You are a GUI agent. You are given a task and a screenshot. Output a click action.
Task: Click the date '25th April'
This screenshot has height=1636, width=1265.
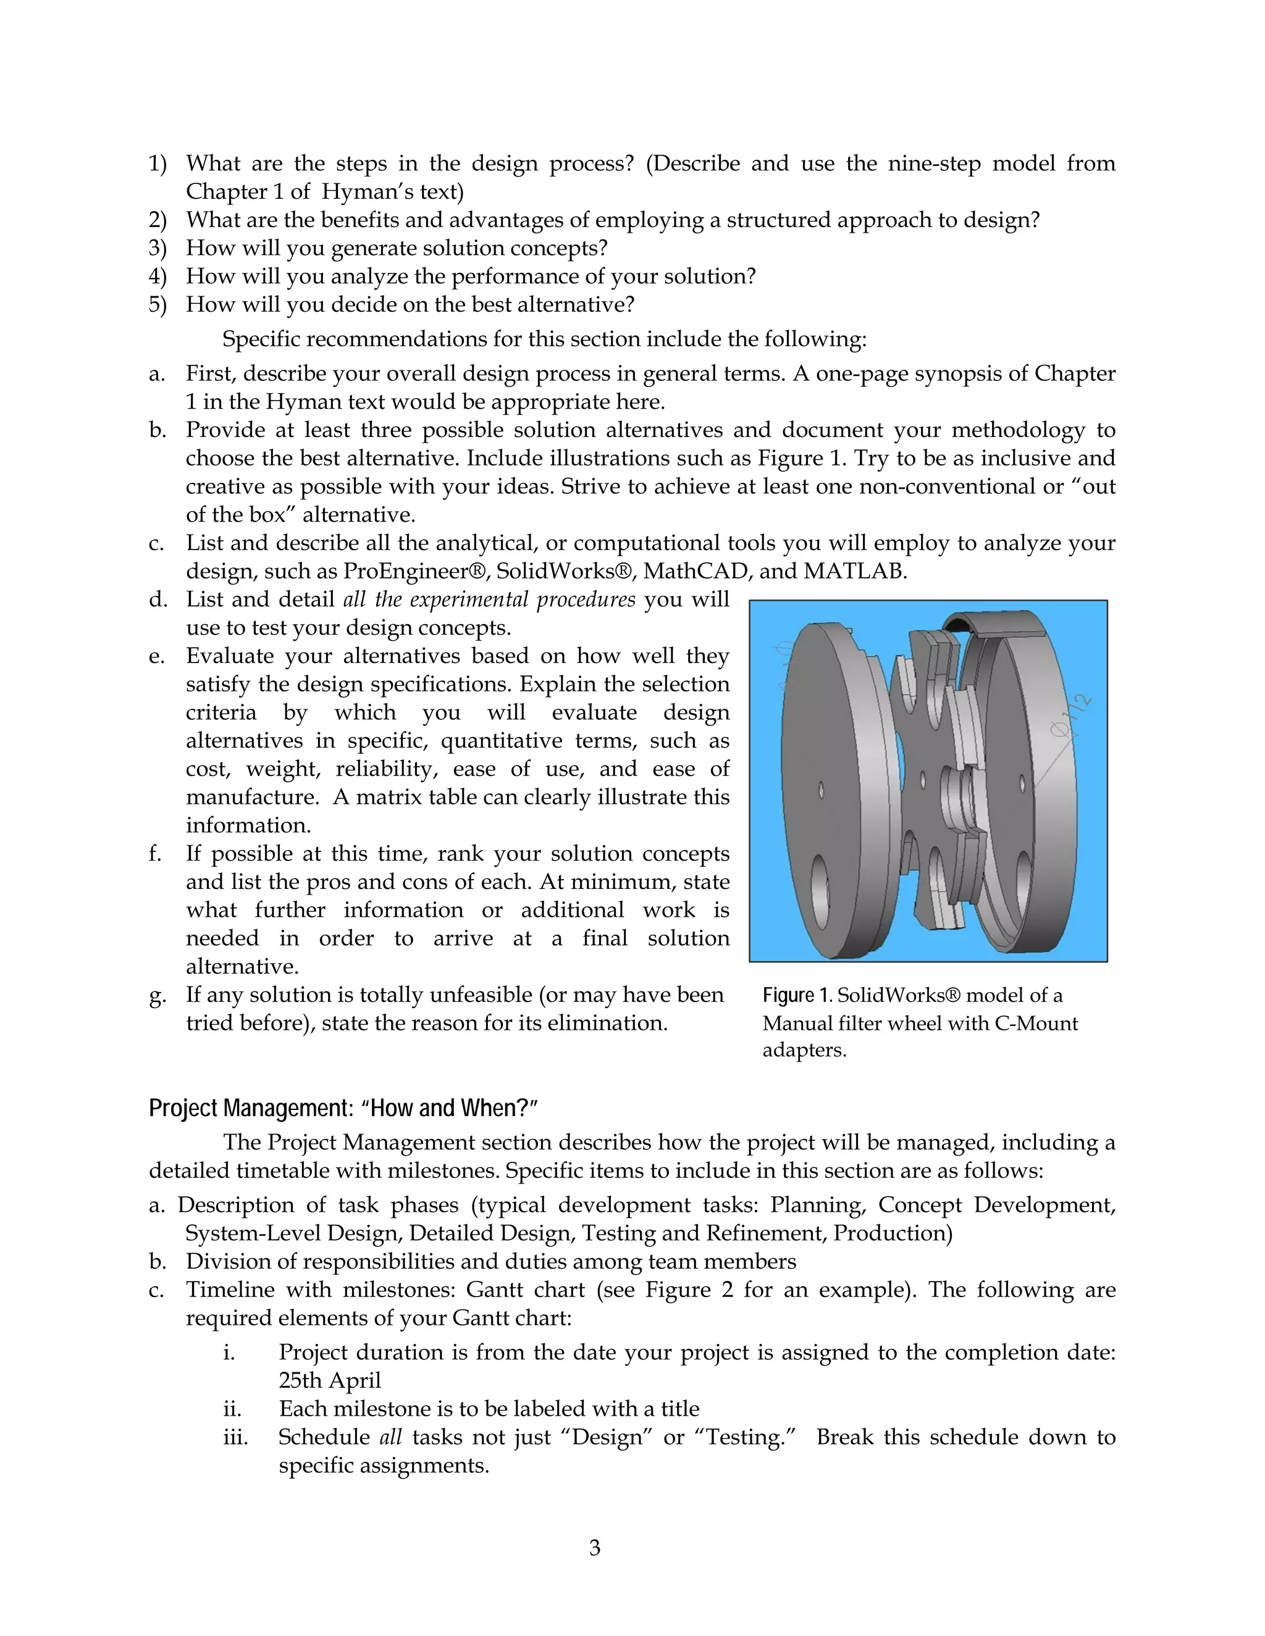point(330,1380)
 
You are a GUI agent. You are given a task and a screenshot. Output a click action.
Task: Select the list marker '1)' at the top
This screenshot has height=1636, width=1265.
point(158,164)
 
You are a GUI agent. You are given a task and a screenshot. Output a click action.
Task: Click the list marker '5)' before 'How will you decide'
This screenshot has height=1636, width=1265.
point(158,304)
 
